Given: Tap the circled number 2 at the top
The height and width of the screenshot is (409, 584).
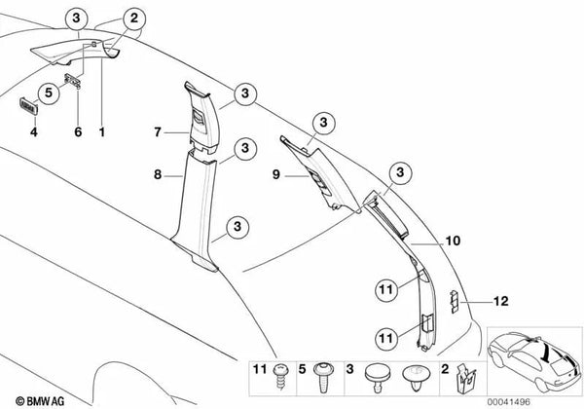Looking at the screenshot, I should point(134,16).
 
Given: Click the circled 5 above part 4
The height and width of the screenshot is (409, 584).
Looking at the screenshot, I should point(46,93).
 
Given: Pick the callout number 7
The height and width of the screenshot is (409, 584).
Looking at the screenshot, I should point(156,130).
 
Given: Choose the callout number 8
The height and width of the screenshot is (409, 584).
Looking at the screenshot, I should point(156,176).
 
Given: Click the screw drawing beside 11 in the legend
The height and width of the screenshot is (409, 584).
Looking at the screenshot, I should point(282,370).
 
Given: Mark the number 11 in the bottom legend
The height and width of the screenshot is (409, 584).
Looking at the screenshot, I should point(259,370).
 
